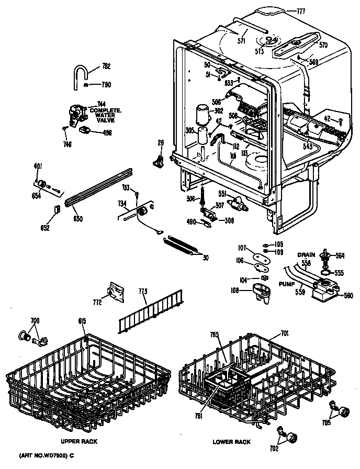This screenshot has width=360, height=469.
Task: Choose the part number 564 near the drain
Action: pos(340,255)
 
